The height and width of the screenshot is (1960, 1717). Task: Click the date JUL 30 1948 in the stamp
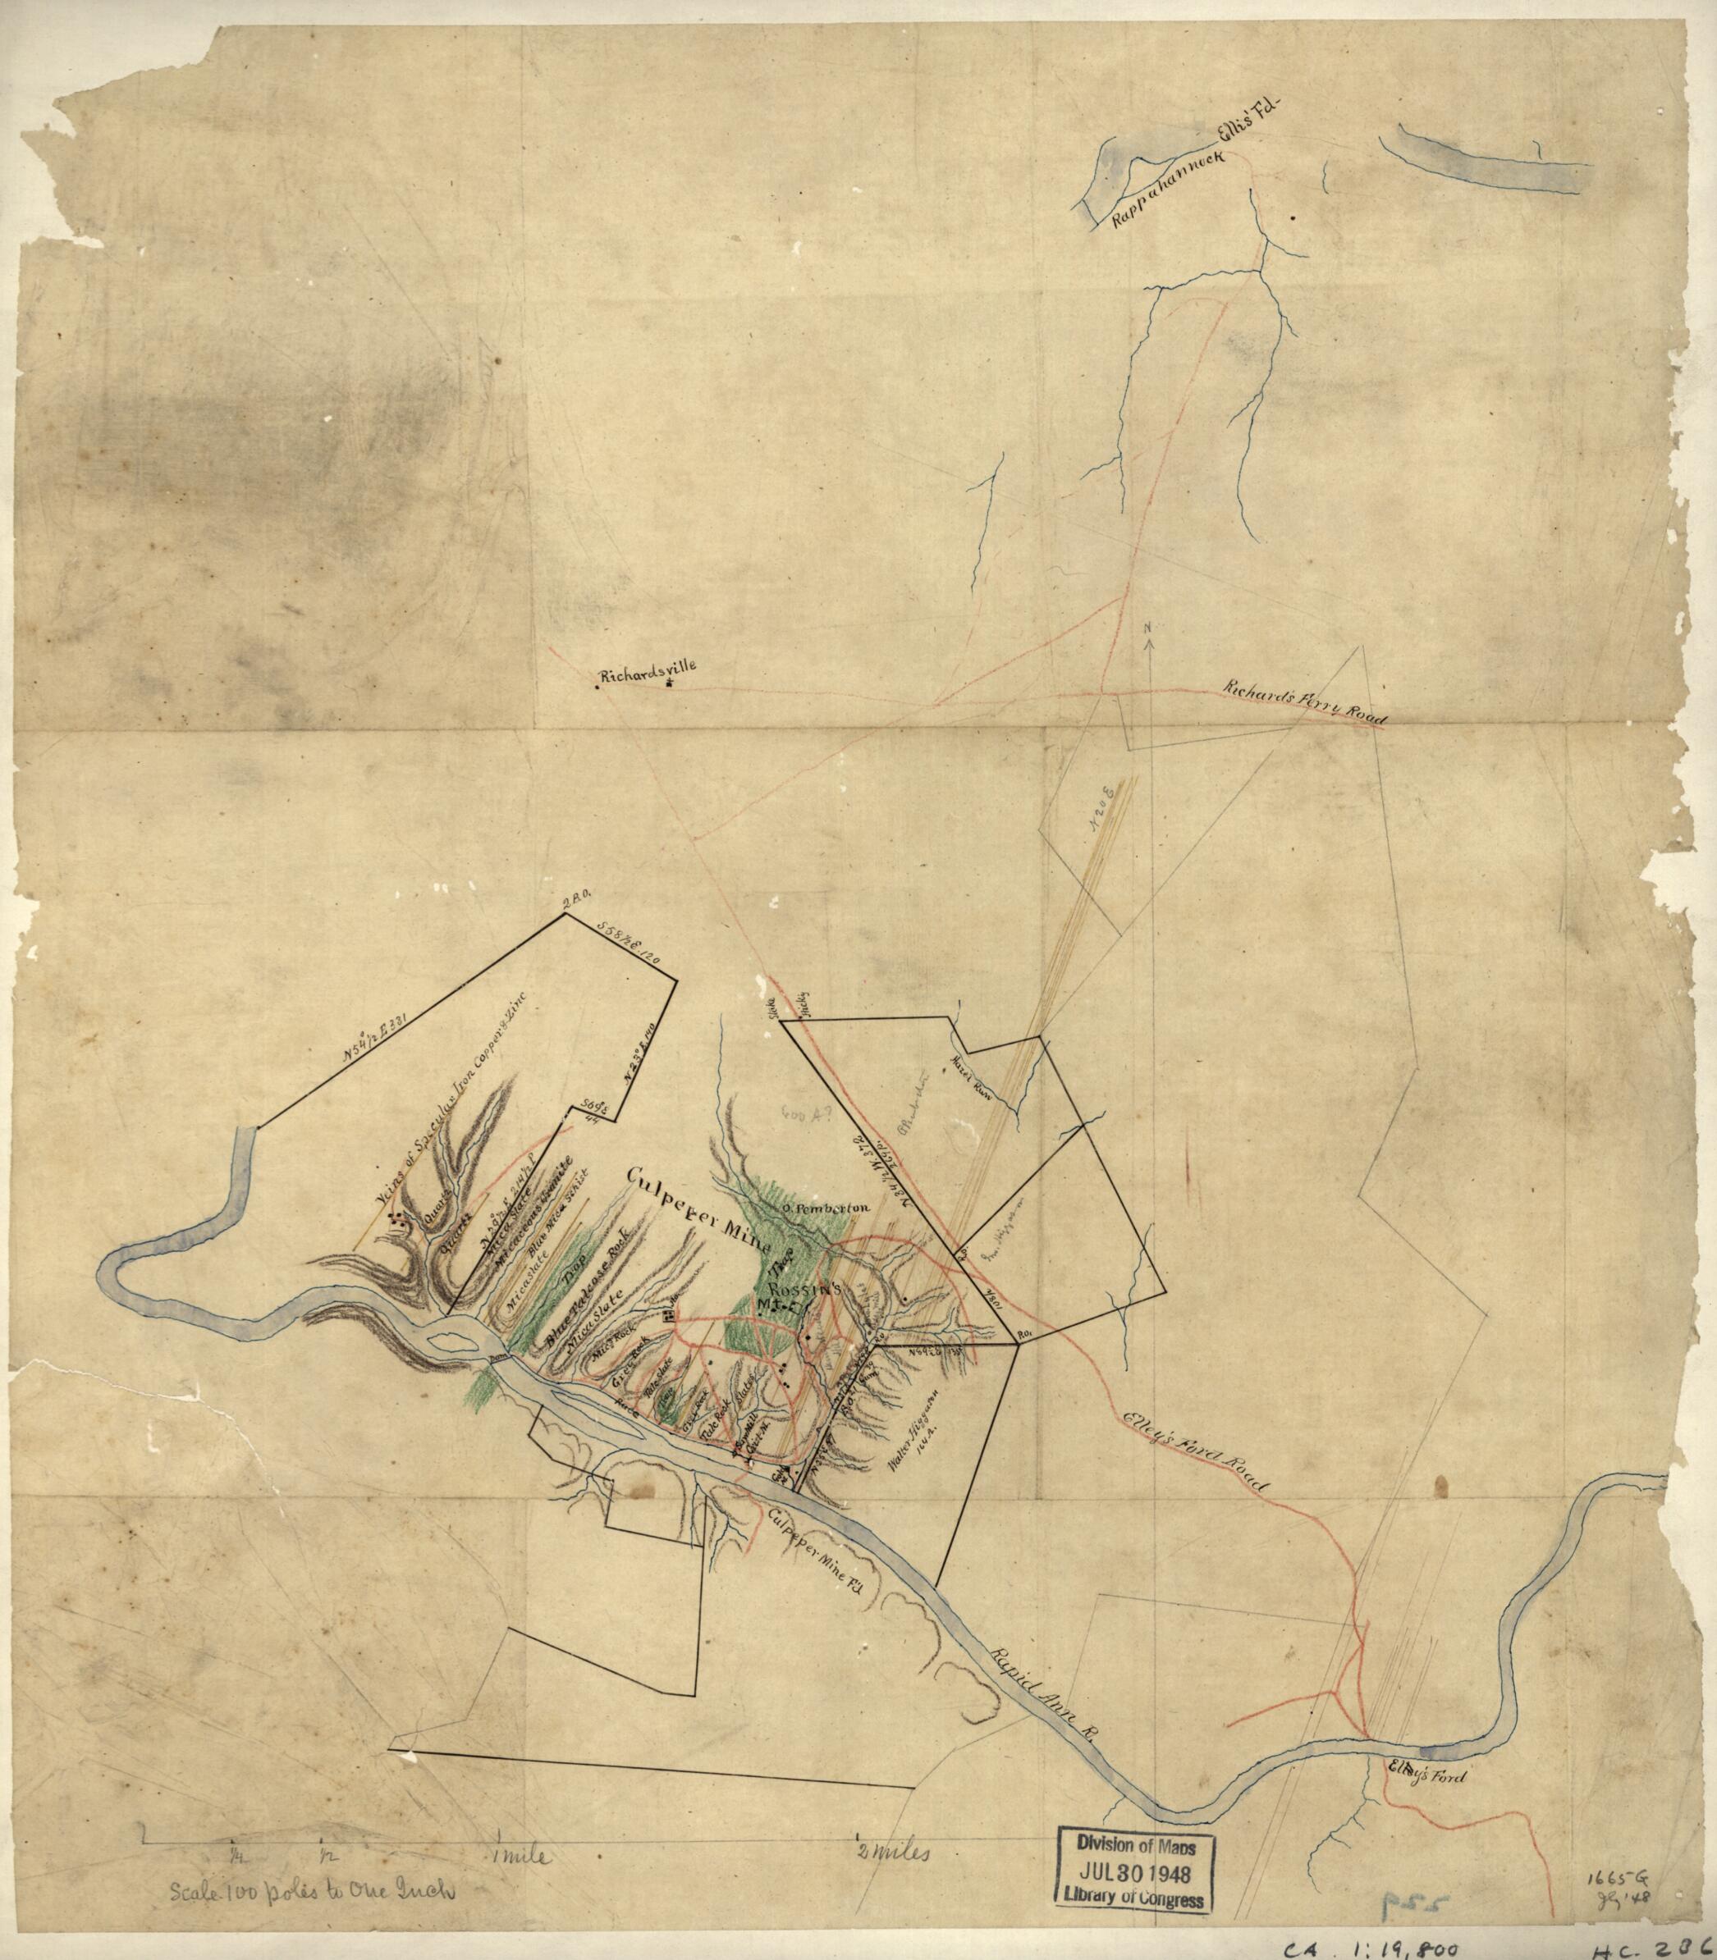1131,1869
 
